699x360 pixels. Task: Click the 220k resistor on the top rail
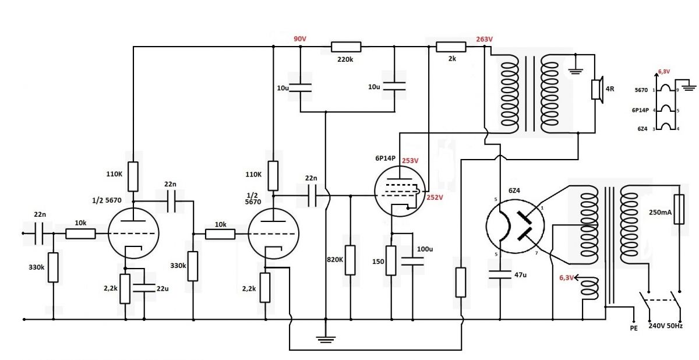coord(346,47)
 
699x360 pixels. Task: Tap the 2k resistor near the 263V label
coord(451,47)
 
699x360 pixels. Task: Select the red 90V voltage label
coord(300,38)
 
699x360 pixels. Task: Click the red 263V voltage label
coord(484,39)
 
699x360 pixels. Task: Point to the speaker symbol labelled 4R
coord(597,90)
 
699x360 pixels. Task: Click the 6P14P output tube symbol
coord(400,191)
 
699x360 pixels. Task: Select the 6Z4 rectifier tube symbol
coord(515,226)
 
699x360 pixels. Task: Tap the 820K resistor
coord(350,260)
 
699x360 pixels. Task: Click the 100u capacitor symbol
coord(412,261)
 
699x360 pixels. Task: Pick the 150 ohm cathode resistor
coord(391,260)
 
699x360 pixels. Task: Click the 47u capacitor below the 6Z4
coord(500,274)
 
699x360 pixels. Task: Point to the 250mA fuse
coord(679,209)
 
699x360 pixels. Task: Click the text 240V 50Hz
coord(666,326)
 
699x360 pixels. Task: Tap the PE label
coord(634,328)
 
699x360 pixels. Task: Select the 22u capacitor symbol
coord(144,288)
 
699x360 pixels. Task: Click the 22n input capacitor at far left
coord(39,234)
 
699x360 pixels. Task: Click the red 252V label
coord(435,197)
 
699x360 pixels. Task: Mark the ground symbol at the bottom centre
coord(326,340)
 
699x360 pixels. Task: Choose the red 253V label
coord(410,161)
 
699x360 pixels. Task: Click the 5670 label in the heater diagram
coord(641,90)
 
